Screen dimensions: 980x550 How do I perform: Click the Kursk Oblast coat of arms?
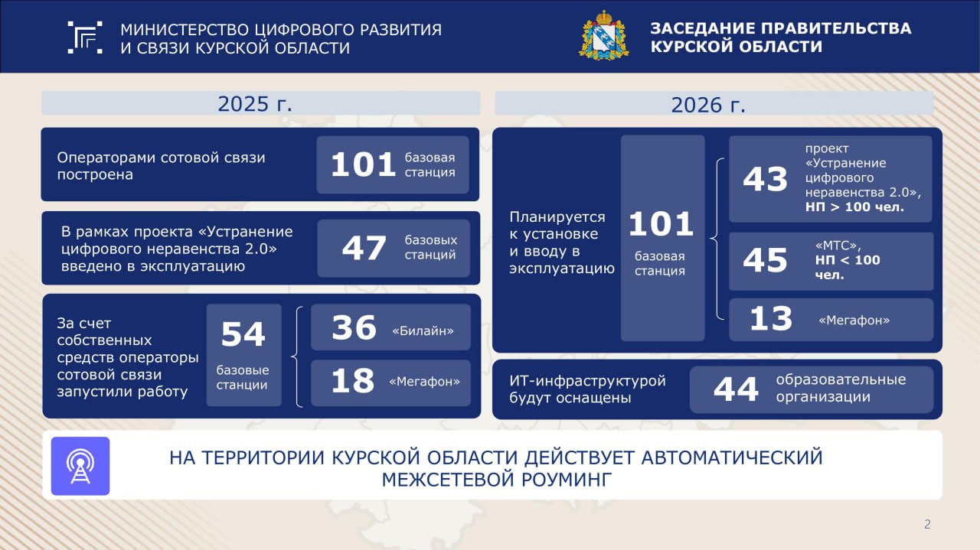point(604,36)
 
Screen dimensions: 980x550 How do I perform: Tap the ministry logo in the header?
point(85,37)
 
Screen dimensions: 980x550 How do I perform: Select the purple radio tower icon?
point(80,466)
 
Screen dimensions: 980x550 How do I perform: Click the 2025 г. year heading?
point(255,104)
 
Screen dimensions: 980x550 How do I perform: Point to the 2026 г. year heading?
point(708,105)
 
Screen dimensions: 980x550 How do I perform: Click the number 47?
point(364,248)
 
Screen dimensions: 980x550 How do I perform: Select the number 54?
point(243,334)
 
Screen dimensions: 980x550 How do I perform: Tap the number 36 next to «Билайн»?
point(354,327)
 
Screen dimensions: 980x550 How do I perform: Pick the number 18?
point(353,381)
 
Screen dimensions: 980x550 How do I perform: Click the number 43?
point(765,179)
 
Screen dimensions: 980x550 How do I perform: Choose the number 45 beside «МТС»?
point(765,260)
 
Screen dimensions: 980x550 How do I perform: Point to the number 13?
point(771,319)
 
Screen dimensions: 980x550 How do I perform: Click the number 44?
point(736,389)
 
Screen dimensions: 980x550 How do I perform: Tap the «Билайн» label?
point(423,331)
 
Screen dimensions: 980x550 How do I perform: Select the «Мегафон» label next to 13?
point(854,321)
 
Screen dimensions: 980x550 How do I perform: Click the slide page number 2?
point(927,524)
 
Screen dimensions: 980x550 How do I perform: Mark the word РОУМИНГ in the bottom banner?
point(567,480)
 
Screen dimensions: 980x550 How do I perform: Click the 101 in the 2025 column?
point(364,164)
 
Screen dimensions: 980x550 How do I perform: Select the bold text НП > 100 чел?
point(854,207)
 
